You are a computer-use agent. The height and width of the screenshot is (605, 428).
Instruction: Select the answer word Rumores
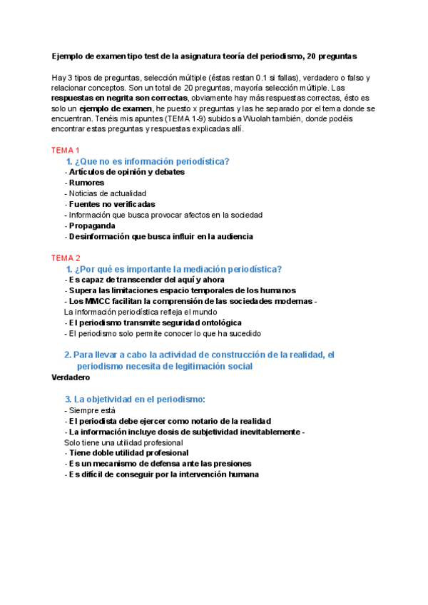pos(86,183)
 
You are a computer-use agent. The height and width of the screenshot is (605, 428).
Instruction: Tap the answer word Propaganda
pos(92,225)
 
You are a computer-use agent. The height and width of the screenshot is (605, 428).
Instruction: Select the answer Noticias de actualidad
pos(107,193)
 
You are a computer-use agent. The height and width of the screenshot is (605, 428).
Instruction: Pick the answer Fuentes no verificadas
pos(112,204)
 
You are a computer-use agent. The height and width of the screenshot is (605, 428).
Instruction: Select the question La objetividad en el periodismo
pos(140,400)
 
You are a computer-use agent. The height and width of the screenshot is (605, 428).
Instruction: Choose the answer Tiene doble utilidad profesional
pos(128,452)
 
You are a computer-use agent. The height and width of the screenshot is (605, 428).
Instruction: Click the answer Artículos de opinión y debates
pos(126,172)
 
